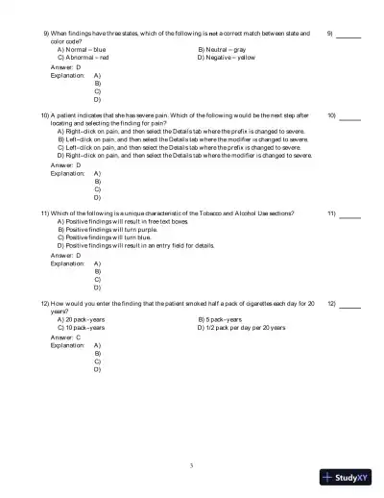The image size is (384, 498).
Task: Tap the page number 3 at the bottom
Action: coord(192,465)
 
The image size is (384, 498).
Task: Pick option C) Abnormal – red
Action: coord(84,58)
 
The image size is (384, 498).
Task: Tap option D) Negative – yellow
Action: coord(227,58)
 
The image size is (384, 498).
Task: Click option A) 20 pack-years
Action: coord(82,319)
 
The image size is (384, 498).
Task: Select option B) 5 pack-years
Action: coord(220,319)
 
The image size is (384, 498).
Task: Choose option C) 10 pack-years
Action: coord(82,327)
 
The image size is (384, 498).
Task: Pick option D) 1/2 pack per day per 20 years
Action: coord(241,327)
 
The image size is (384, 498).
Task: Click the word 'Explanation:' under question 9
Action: coord(67,75)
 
